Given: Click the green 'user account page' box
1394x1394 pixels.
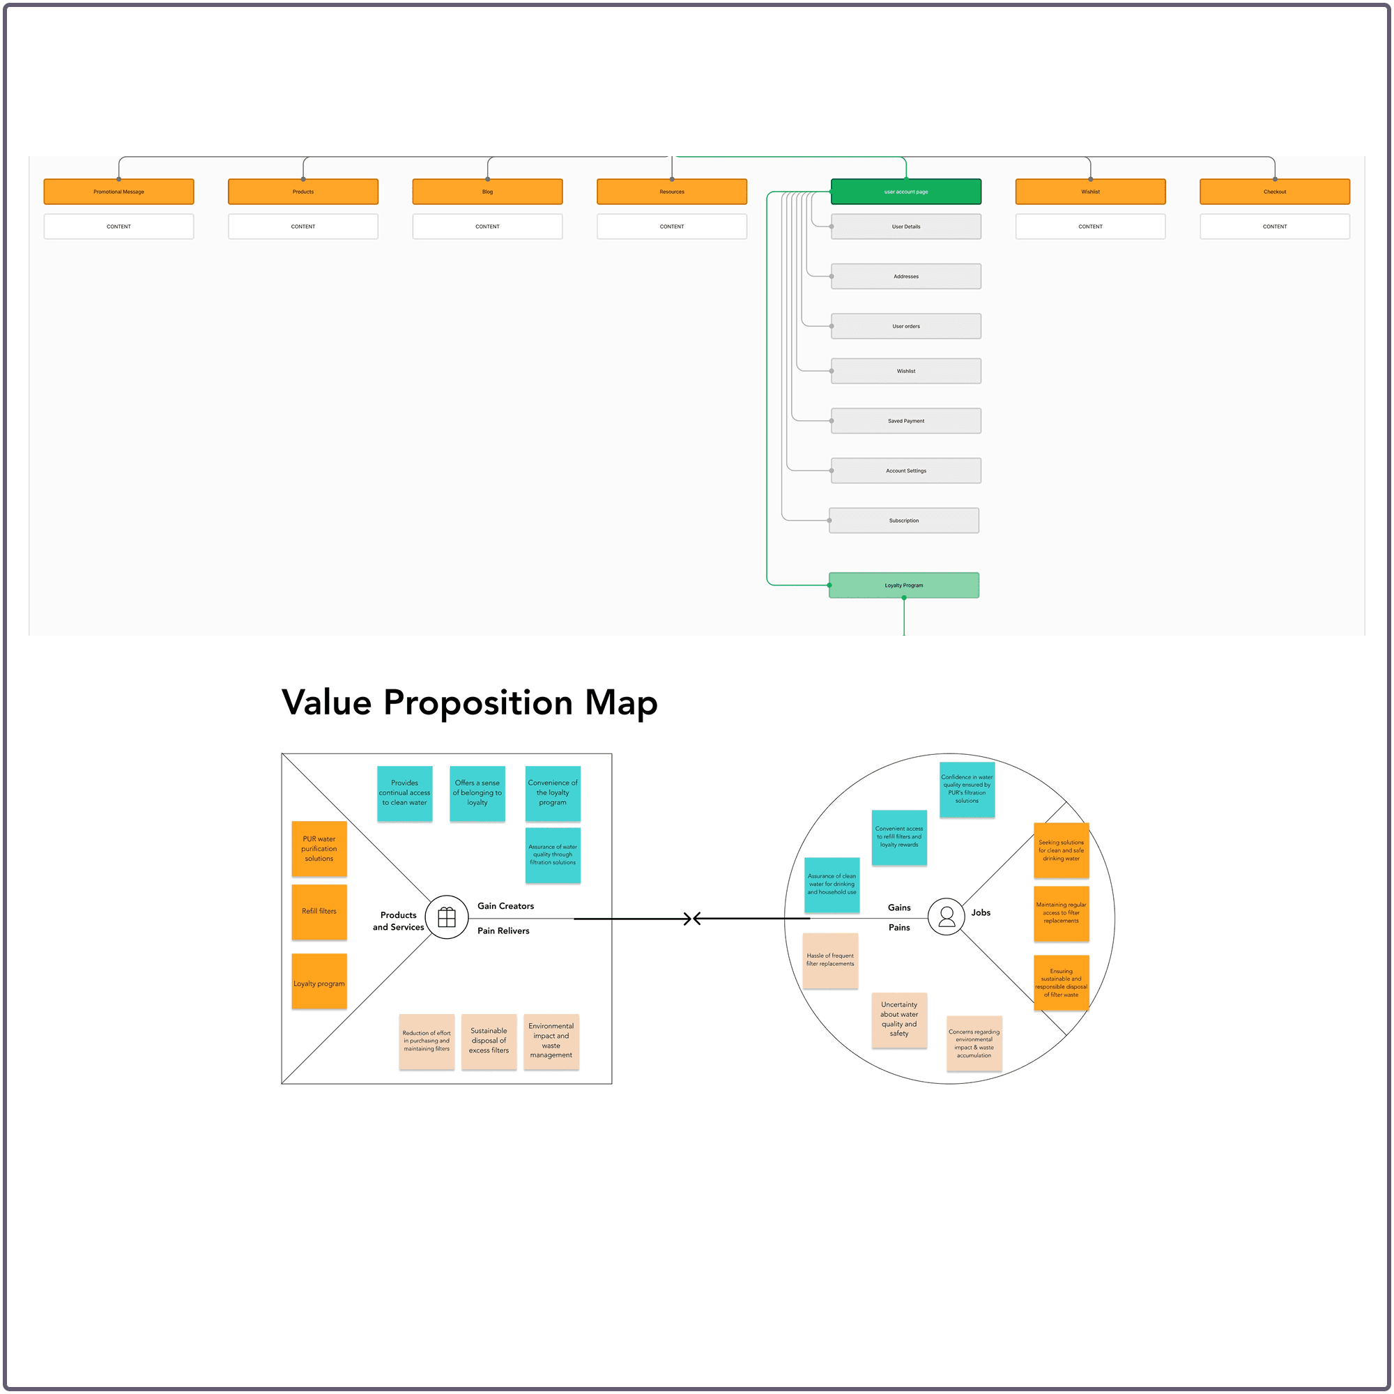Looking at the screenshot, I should point(905,192).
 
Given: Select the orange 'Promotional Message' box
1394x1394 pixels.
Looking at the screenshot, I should point(118,192).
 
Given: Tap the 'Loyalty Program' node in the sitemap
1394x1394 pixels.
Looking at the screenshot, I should point(903,585).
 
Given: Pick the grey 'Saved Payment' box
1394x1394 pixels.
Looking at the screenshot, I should point(905,421).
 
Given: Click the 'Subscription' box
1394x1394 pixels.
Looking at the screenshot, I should point(903,520).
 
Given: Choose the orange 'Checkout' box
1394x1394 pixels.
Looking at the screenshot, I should point(1274,192).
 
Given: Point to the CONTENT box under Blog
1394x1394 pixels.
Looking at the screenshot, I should point(487,227).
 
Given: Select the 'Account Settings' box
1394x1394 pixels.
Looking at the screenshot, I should point(905,470).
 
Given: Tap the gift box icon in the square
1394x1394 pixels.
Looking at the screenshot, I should point(447,917).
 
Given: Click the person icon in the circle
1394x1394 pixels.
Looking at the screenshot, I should point(947,917).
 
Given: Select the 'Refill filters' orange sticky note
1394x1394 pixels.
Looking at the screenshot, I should point(319,912).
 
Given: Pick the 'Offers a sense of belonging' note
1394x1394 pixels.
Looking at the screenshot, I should point(477,793).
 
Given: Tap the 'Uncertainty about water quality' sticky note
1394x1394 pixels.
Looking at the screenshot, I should point(899,1020).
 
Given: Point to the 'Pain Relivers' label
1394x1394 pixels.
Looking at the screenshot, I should point(503,930).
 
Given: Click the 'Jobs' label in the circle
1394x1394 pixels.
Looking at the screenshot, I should point(981,913).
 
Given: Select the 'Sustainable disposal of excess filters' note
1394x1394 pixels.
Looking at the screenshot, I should point(489,1041).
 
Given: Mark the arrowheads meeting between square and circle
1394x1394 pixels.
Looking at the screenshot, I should point(692,919).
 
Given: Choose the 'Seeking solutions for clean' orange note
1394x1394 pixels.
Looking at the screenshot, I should point(1061,850).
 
